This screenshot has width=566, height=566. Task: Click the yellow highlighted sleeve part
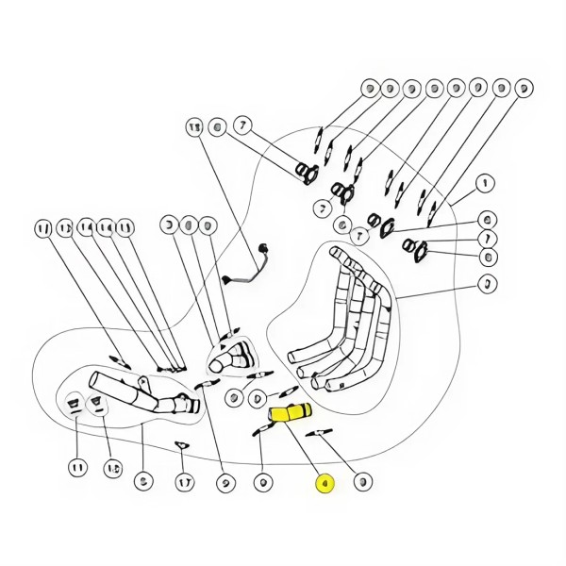[x=290, y=413]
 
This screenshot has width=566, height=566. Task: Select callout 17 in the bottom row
[x=185, y=482]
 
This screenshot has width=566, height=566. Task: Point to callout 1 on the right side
[x=485, y=183]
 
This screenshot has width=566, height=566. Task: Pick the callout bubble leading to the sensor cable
[x=194, y=125]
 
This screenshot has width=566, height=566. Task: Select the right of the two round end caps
[x=97, y=406]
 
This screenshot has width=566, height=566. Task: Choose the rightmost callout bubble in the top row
[x=523, y=90]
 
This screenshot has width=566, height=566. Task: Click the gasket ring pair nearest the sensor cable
[x=308, y=172]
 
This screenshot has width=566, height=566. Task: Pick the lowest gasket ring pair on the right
[x=416, y=249]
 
